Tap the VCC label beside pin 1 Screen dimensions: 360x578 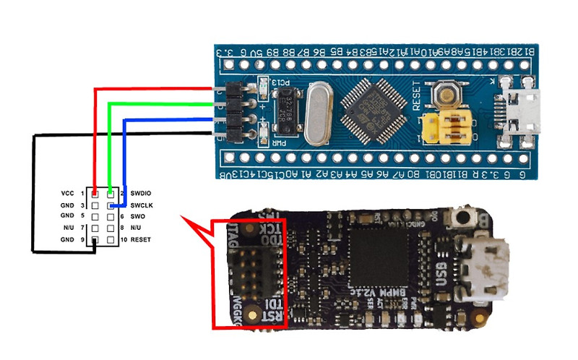[x=68, y=194]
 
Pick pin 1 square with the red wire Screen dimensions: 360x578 [x=94, y=194]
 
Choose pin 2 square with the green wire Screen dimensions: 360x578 [x=110, y=194]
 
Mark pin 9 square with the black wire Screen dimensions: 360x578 [x=94, y=239]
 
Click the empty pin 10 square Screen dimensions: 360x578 [x=110, y=239]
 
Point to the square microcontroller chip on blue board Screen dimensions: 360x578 [x=371, y=109]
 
